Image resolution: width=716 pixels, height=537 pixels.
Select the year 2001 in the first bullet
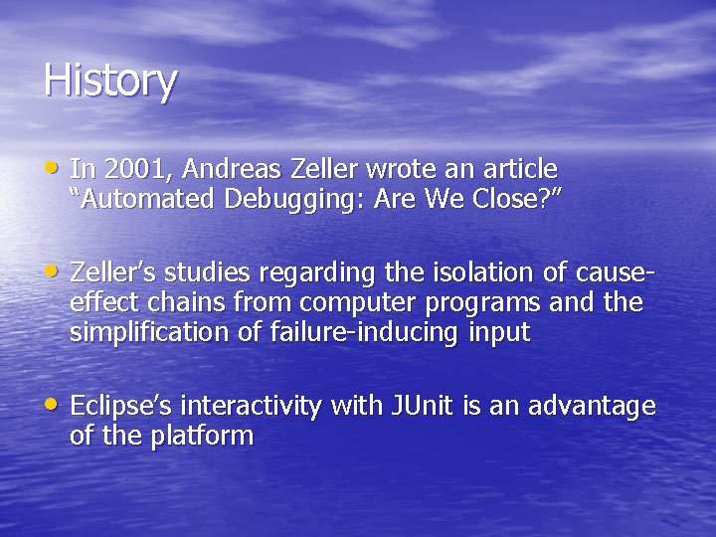click(127, 169)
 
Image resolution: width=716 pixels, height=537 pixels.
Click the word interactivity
click(252, 407)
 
